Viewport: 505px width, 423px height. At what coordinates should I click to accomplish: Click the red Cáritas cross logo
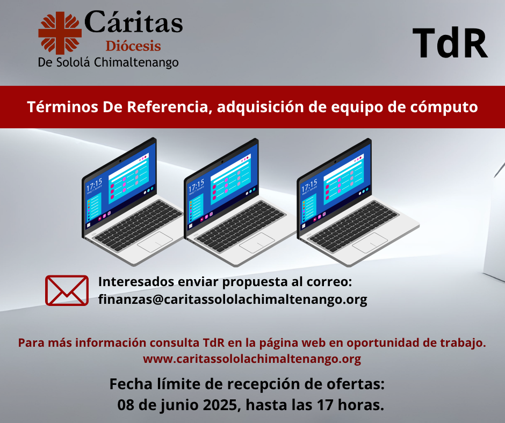[x=60, y=33]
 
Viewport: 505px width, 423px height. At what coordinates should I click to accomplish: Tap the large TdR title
[x=450, y=43]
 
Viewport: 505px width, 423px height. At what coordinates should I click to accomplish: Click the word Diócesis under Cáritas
[x=133, y=46]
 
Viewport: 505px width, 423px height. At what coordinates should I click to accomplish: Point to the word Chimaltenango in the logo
[x=136, y=62]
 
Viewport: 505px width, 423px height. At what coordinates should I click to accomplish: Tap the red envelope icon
[x=67, y=290]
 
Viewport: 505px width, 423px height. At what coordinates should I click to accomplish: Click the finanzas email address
[x=233, y=300]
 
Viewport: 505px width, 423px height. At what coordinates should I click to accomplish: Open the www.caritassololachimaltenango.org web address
[x=252, y=359]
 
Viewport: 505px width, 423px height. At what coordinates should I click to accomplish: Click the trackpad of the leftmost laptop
[x=155, y=242]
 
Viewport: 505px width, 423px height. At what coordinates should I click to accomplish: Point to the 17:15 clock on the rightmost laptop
[x=309, y=186]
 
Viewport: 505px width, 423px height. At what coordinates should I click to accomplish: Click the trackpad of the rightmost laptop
[x=370, y=243]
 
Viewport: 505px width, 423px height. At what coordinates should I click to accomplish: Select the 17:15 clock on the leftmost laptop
[x=94, y=185]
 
